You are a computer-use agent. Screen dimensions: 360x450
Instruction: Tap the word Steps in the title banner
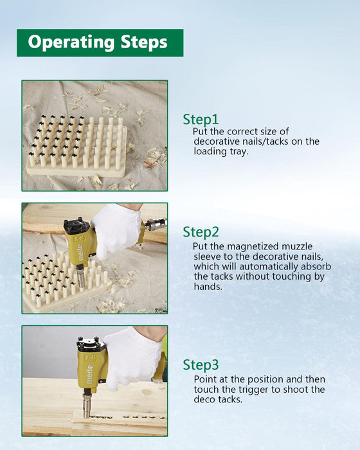[x=144, y=42]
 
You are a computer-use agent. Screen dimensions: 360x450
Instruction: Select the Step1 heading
[x=201, y=120]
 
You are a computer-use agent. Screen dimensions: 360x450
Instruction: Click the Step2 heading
[x=201, y=232]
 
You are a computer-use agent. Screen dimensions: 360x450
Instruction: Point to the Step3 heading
[x=201, y=365]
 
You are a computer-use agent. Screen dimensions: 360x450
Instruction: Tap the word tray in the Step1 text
[x=239, y=152]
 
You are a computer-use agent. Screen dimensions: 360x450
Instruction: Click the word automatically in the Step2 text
[x=269, y=267]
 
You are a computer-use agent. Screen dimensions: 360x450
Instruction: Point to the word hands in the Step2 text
[x=208, y=287]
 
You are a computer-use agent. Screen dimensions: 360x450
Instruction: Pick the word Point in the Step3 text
[x=205, y=379]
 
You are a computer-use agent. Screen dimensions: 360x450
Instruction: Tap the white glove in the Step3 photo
[x=132, y=359]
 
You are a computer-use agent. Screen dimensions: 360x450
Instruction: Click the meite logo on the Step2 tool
[x=80, y=252]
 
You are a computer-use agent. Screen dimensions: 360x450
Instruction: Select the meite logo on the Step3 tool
[x=89, y=374]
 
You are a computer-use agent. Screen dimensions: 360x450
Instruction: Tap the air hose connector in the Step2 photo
[x=155, y=224]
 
